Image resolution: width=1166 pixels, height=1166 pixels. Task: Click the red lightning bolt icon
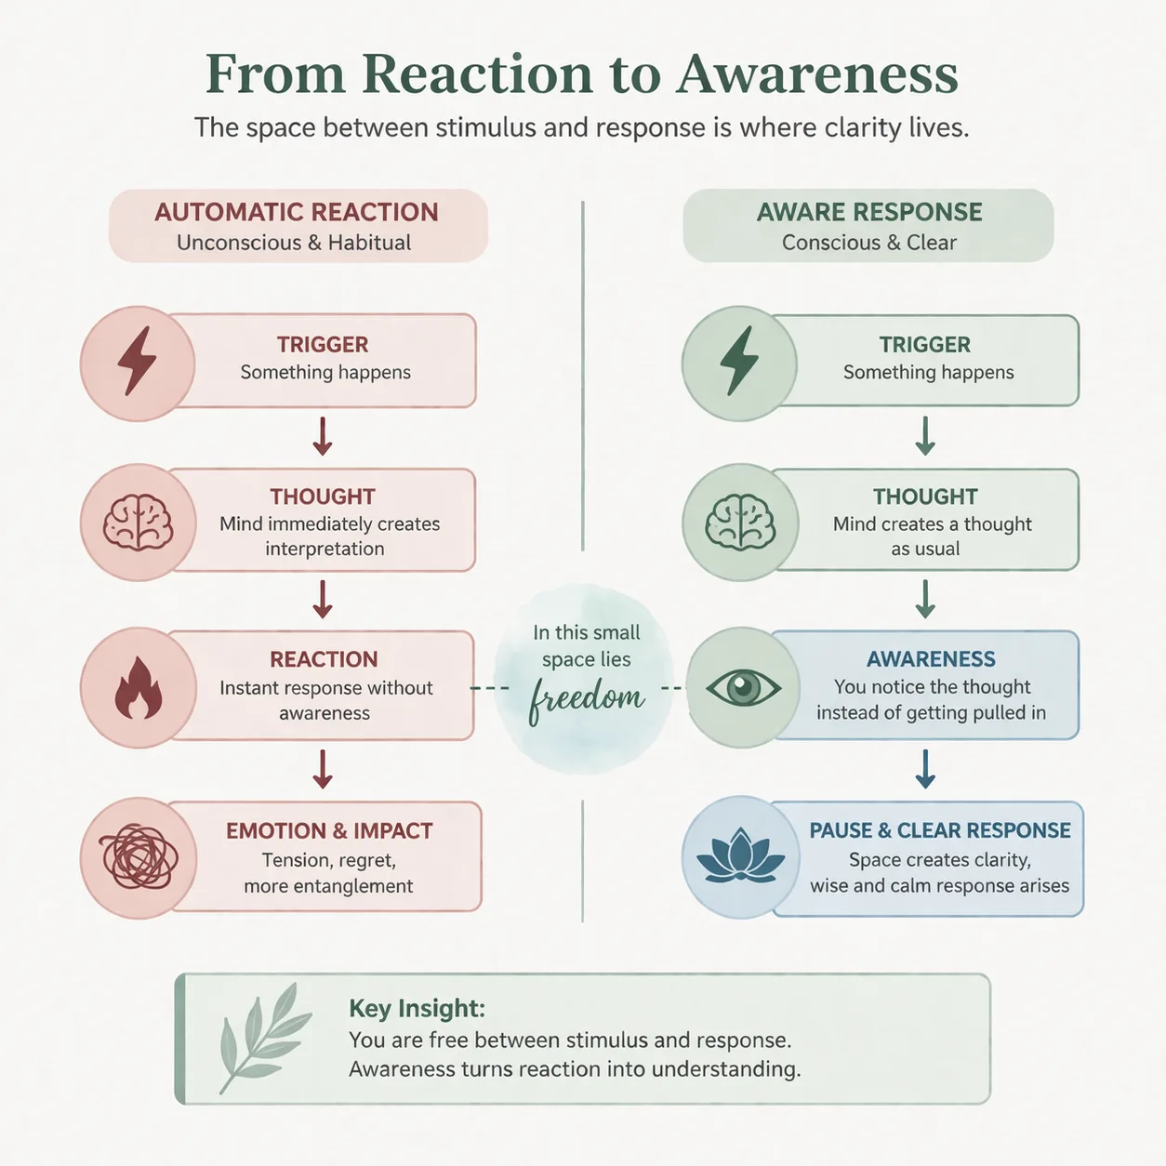(138, 362)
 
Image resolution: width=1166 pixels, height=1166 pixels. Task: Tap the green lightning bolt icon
(739, 362)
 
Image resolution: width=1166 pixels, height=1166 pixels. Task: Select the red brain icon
(138, 523)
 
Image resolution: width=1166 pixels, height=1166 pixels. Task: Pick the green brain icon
(741, 523)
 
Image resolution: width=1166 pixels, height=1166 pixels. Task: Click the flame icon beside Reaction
(139, 689)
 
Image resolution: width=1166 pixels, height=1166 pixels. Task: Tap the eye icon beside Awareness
(743, 688)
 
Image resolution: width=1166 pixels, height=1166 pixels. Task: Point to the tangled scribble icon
(139, 857)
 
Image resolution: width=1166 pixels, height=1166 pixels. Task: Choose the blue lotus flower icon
(741, 855)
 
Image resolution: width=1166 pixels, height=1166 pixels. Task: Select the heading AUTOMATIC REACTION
(297, 212)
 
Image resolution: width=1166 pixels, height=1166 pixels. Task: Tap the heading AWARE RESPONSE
(869, 212)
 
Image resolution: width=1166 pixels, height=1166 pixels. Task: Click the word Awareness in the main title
(817, 74)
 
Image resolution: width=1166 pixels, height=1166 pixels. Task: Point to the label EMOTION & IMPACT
(330, 830)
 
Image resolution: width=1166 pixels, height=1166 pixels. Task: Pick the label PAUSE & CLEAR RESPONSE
(940, 830)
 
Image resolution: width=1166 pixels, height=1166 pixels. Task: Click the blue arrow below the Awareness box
(925, 768)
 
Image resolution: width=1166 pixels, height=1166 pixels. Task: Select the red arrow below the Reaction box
(323, 769)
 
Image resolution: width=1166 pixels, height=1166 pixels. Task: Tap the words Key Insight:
(417, 1009)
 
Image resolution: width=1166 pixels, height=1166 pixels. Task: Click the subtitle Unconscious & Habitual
(294, 243)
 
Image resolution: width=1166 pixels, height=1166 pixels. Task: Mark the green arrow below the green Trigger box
(925, 436)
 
